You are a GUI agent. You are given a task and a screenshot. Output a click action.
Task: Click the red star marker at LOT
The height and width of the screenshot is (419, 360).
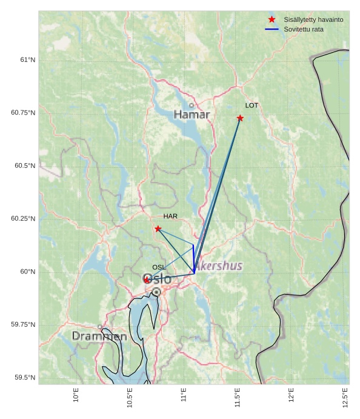point(240,118)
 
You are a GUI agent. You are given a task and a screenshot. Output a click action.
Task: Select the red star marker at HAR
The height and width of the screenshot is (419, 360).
point(158,229)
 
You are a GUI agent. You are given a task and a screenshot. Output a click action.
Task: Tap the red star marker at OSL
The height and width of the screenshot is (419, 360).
point(147,280)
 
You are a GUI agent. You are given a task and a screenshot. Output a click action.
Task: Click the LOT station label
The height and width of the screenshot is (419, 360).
point(252,106)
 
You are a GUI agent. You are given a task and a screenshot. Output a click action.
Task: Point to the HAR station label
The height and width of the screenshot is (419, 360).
point(170,216)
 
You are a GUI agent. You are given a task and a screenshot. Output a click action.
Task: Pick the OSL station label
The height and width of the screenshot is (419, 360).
point(159,267)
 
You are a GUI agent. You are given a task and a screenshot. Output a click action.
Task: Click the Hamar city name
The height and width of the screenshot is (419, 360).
point(192,115)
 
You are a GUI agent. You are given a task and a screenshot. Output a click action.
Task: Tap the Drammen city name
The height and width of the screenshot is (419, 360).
point(99,336)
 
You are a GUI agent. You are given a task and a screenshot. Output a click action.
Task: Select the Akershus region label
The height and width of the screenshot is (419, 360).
point(219,266)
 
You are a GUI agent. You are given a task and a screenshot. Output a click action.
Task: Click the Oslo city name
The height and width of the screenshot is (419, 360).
point(158,279)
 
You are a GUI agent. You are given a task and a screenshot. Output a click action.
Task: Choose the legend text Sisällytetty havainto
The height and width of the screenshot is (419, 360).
point(313,20)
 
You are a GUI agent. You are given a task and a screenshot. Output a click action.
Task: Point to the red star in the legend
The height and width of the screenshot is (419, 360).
point(272,20)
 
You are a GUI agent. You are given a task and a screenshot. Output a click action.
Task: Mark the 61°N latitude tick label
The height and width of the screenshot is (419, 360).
point(27,60)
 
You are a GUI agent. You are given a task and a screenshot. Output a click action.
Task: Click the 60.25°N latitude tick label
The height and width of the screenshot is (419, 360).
point(23,219)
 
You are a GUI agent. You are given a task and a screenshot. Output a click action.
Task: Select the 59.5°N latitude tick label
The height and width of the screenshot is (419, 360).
point(25,378)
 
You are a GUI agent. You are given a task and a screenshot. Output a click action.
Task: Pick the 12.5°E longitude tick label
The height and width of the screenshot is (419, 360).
point(345,397)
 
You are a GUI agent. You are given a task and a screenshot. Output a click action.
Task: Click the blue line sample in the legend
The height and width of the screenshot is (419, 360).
point(272,29)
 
